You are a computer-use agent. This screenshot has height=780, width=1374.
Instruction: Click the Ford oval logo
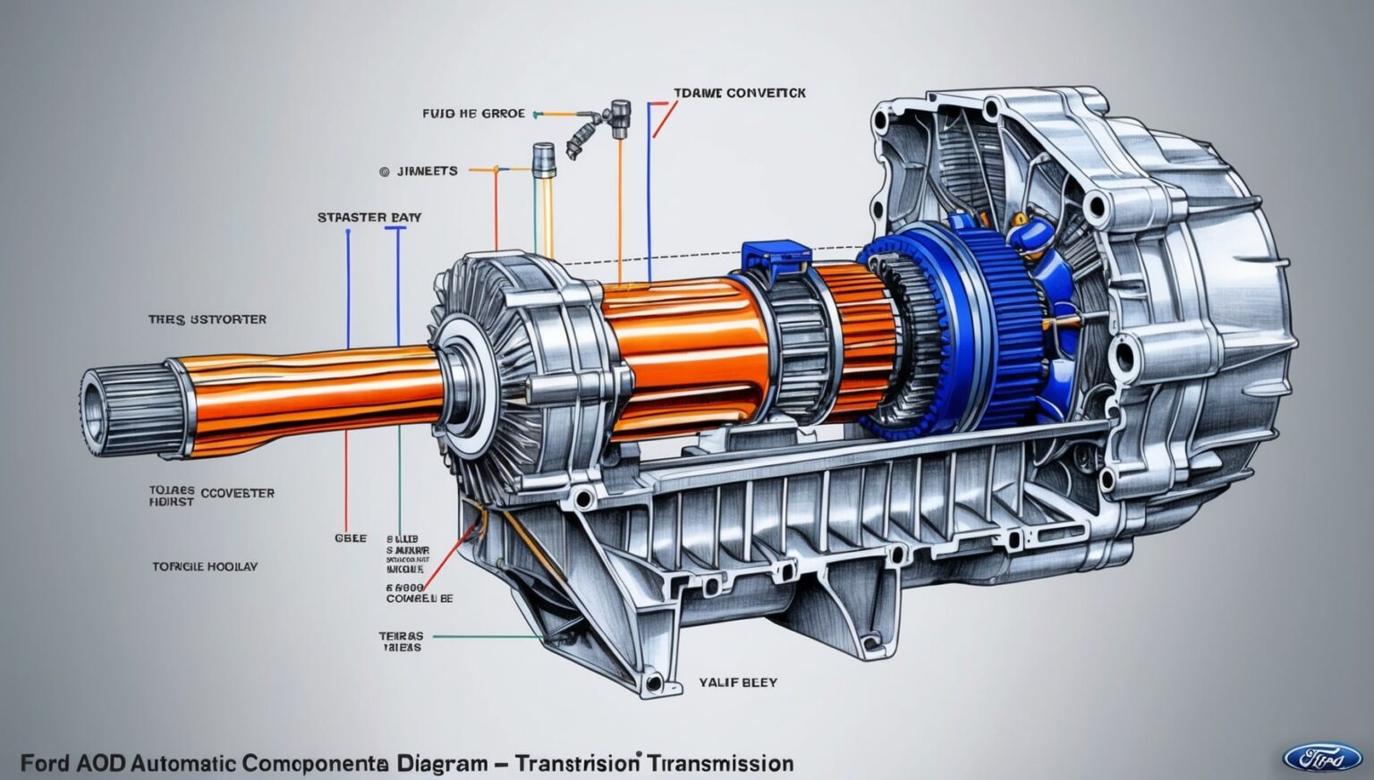coord(1322,758)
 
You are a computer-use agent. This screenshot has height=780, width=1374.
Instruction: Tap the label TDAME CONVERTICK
coord(740,93)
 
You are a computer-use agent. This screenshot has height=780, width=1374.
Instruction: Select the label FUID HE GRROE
coord(473,114)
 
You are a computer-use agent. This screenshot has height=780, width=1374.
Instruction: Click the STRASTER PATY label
coord(369,217)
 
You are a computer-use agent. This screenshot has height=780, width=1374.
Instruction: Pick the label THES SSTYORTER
coord(207,319)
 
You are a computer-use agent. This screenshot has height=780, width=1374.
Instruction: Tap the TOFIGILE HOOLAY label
coord(205,566)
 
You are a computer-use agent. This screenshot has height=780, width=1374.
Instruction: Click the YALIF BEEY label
coord(737,682)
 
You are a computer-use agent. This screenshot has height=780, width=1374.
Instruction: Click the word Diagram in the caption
coord(438,764)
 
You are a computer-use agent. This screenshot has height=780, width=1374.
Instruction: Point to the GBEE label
coord(350,538)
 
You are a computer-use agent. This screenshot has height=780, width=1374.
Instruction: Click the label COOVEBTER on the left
coord(237,493)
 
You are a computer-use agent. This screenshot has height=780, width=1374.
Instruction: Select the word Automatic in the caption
coord(182,764)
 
